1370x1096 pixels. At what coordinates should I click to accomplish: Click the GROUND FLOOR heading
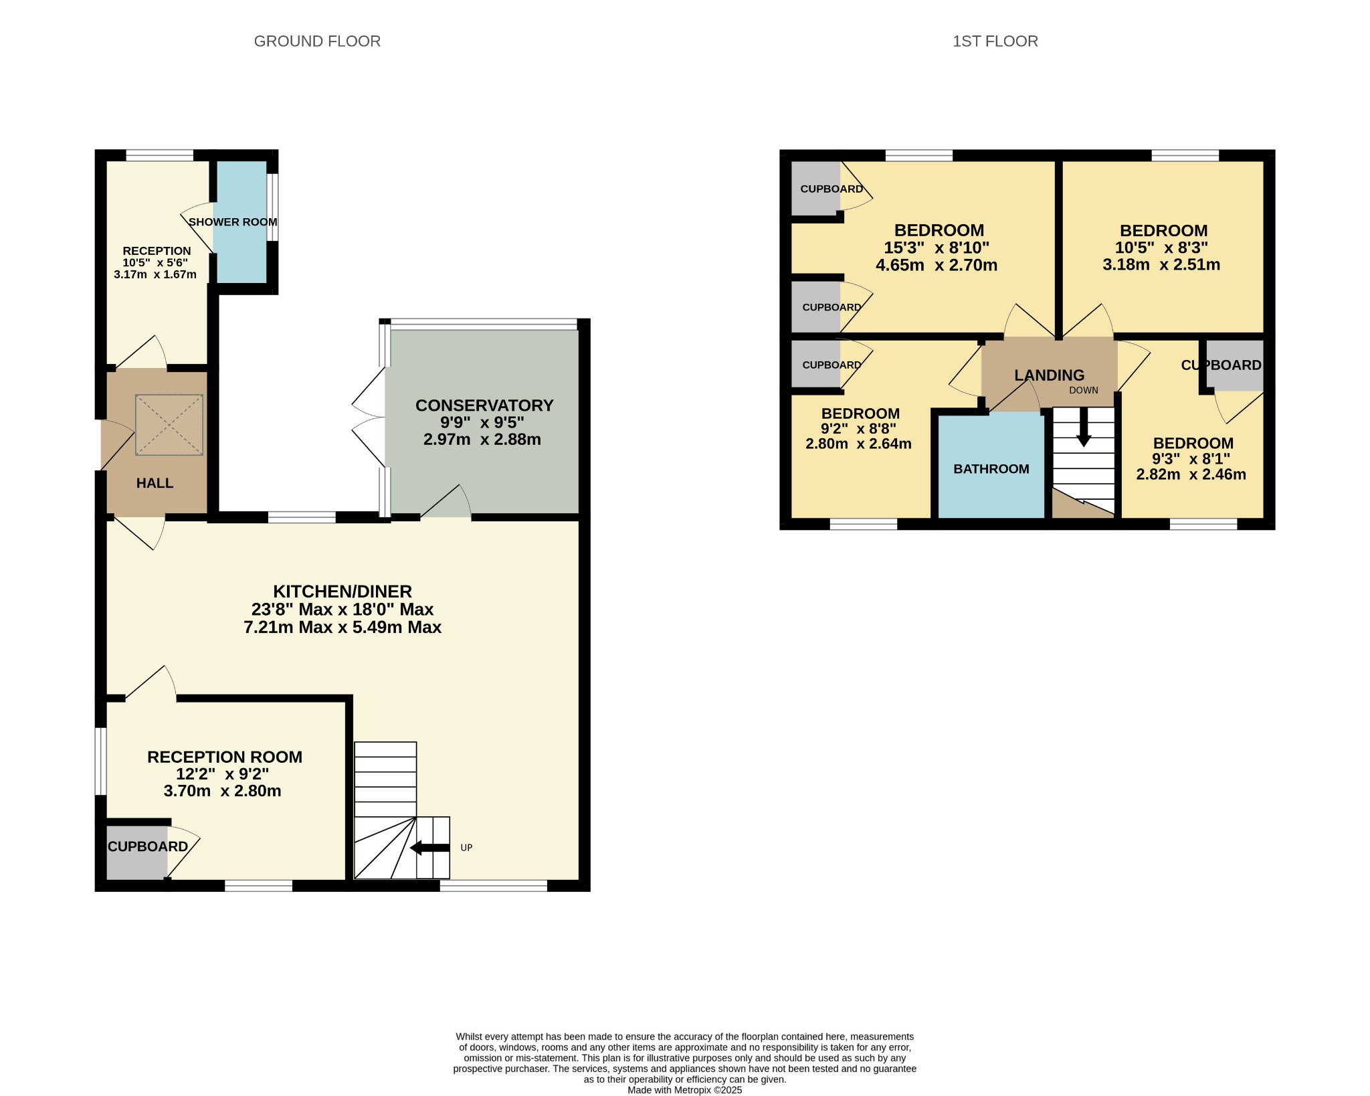(317, 41)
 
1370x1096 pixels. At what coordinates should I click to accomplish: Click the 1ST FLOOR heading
(995, 41)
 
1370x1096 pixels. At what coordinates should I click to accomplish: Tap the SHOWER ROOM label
(233, 222)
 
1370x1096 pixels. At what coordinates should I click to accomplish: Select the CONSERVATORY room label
(484, 405)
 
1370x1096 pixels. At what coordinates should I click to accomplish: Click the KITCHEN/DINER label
(342, 591)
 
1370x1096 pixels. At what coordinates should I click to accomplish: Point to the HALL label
(155, 483)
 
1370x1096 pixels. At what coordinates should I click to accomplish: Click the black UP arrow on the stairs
(429, 848)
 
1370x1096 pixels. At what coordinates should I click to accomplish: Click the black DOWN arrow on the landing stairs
(1084, 427)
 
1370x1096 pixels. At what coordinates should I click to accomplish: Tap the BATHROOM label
(991, 469)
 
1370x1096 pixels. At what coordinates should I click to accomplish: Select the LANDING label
(1049, 375)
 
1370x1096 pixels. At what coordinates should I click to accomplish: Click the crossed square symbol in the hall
(169, 425)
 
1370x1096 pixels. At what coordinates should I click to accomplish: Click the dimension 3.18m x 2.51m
(1161, 264)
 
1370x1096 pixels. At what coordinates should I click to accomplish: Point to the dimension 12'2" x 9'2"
(222, 774)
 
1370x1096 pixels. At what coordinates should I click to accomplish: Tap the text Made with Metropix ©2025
(684, 1090)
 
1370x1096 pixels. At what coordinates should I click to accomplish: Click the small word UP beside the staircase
(466, 848)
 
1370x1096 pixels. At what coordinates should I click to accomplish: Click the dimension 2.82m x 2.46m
(1191, 475)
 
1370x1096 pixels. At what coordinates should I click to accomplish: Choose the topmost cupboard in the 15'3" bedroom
(816, 189)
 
